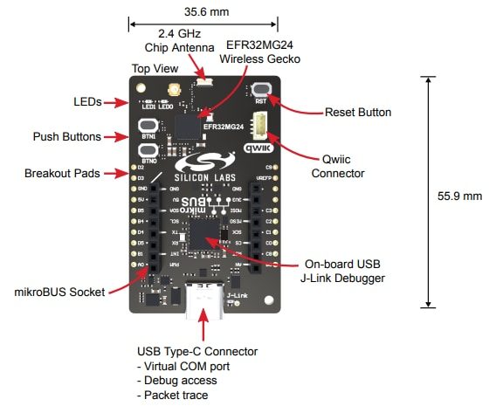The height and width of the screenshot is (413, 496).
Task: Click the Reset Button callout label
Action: pos(357,113)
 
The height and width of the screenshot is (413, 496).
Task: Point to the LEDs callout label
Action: pos(86,103)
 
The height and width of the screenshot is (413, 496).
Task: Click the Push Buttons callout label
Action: pos(66,137)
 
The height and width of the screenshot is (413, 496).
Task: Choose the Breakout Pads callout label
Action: pos(65,172)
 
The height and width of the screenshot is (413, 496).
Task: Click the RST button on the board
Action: pos(260,89)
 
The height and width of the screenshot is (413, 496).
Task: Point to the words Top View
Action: pos(155,68)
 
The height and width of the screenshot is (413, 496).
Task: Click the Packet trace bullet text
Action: pos(172,395)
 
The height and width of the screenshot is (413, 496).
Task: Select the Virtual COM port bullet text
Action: pos(185,366)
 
